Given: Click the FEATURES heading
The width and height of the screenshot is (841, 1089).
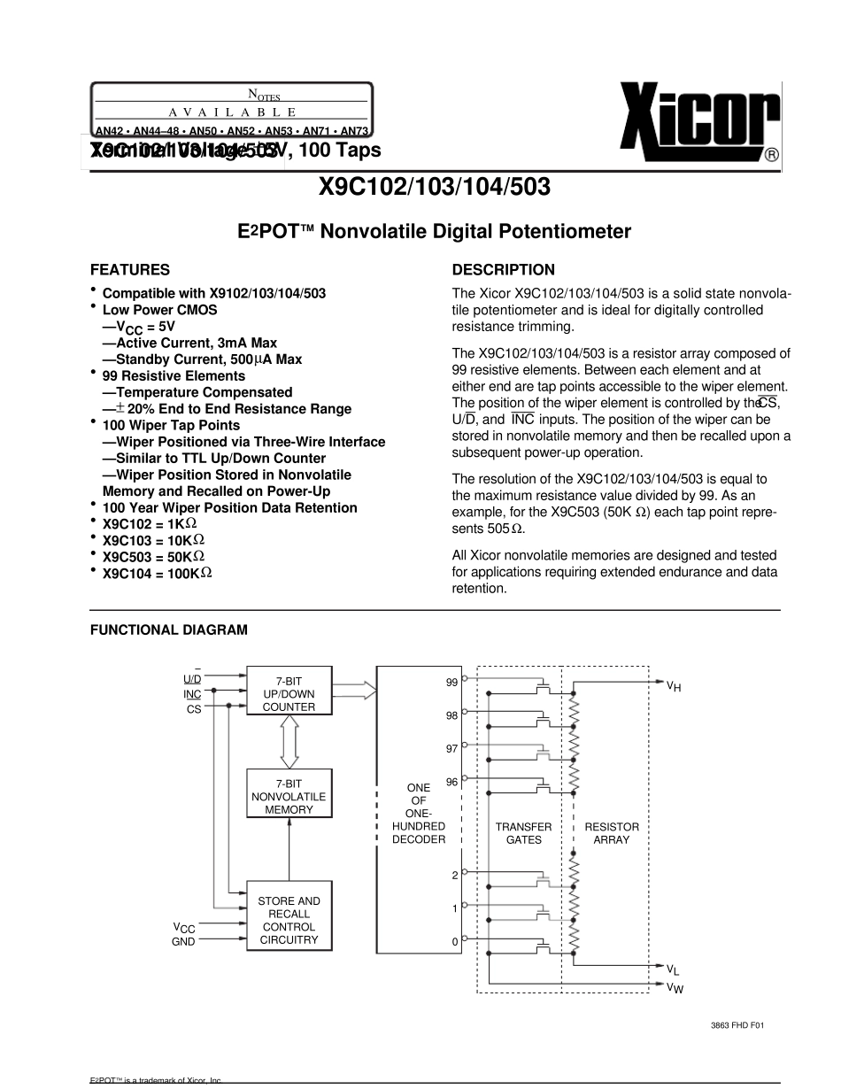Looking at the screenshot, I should pos(130,270).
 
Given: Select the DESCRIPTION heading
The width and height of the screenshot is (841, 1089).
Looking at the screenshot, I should pos(504,270).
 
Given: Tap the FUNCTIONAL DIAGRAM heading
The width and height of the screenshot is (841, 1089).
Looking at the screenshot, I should pos(169,630).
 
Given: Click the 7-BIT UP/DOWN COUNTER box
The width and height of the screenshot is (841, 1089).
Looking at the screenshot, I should pos(289,694).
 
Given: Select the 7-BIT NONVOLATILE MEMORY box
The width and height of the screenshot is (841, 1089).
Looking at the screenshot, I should pos(289,797).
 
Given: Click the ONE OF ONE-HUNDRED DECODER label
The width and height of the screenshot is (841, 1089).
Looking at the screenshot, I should pos(419,813).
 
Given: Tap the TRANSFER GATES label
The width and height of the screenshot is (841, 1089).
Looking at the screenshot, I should pos(523,833).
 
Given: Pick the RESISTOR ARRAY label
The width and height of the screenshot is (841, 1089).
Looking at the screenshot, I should pos(611,833).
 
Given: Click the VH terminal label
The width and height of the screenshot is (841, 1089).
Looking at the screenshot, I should pos(674,685).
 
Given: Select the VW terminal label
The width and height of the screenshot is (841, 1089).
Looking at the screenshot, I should pos(675,987).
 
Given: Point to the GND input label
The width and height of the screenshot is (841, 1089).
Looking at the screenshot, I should pos(183,942).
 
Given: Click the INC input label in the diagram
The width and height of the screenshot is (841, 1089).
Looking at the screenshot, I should pos(192,694).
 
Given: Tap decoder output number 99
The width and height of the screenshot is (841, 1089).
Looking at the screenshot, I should pos(451,683).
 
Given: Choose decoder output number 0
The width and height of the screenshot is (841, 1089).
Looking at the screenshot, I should pos(455,942).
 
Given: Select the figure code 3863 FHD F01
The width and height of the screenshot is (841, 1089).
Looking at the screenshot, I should pos(737,1025).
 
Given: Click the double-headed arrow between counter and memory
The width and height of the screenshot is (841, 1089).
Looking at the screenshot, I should pos(289,742).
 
